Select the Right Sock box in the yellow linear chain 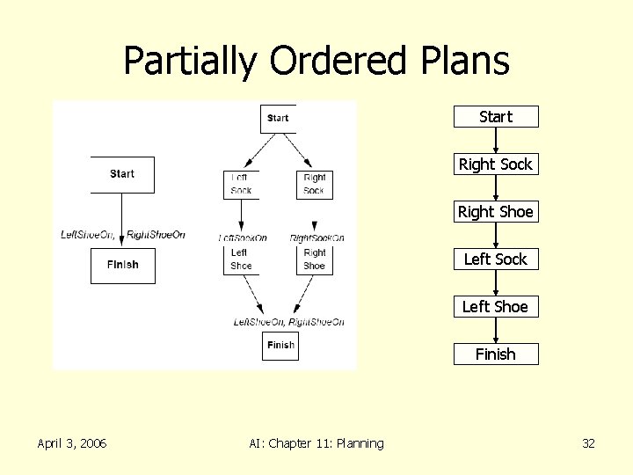coord(496,164)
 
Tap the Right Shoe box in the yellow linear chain coord(496,212)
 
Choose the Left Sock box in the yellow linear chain coord(496,259)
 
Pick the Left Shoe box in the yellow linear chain coord(496,307)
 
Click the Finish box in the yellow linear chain coord(496,354)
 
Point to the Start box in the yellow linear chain coord(496,117)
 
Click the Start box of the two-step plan coord(122,174)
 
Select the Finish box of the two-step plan coord(122,265)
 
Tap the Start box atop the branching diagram coord(278,118)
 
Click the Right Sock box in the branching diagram coord(315,184)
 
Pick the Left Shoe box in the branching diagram coord(241,259)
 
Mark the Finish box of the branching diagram coord(280,345)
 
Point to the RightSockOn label coord(316,237)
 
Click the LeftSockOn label coord(243,237)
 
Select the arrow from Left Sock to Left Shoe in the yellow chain coord(496,283)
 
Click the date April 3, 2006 coord(72,443)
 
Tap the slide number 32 coord(588,443)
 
